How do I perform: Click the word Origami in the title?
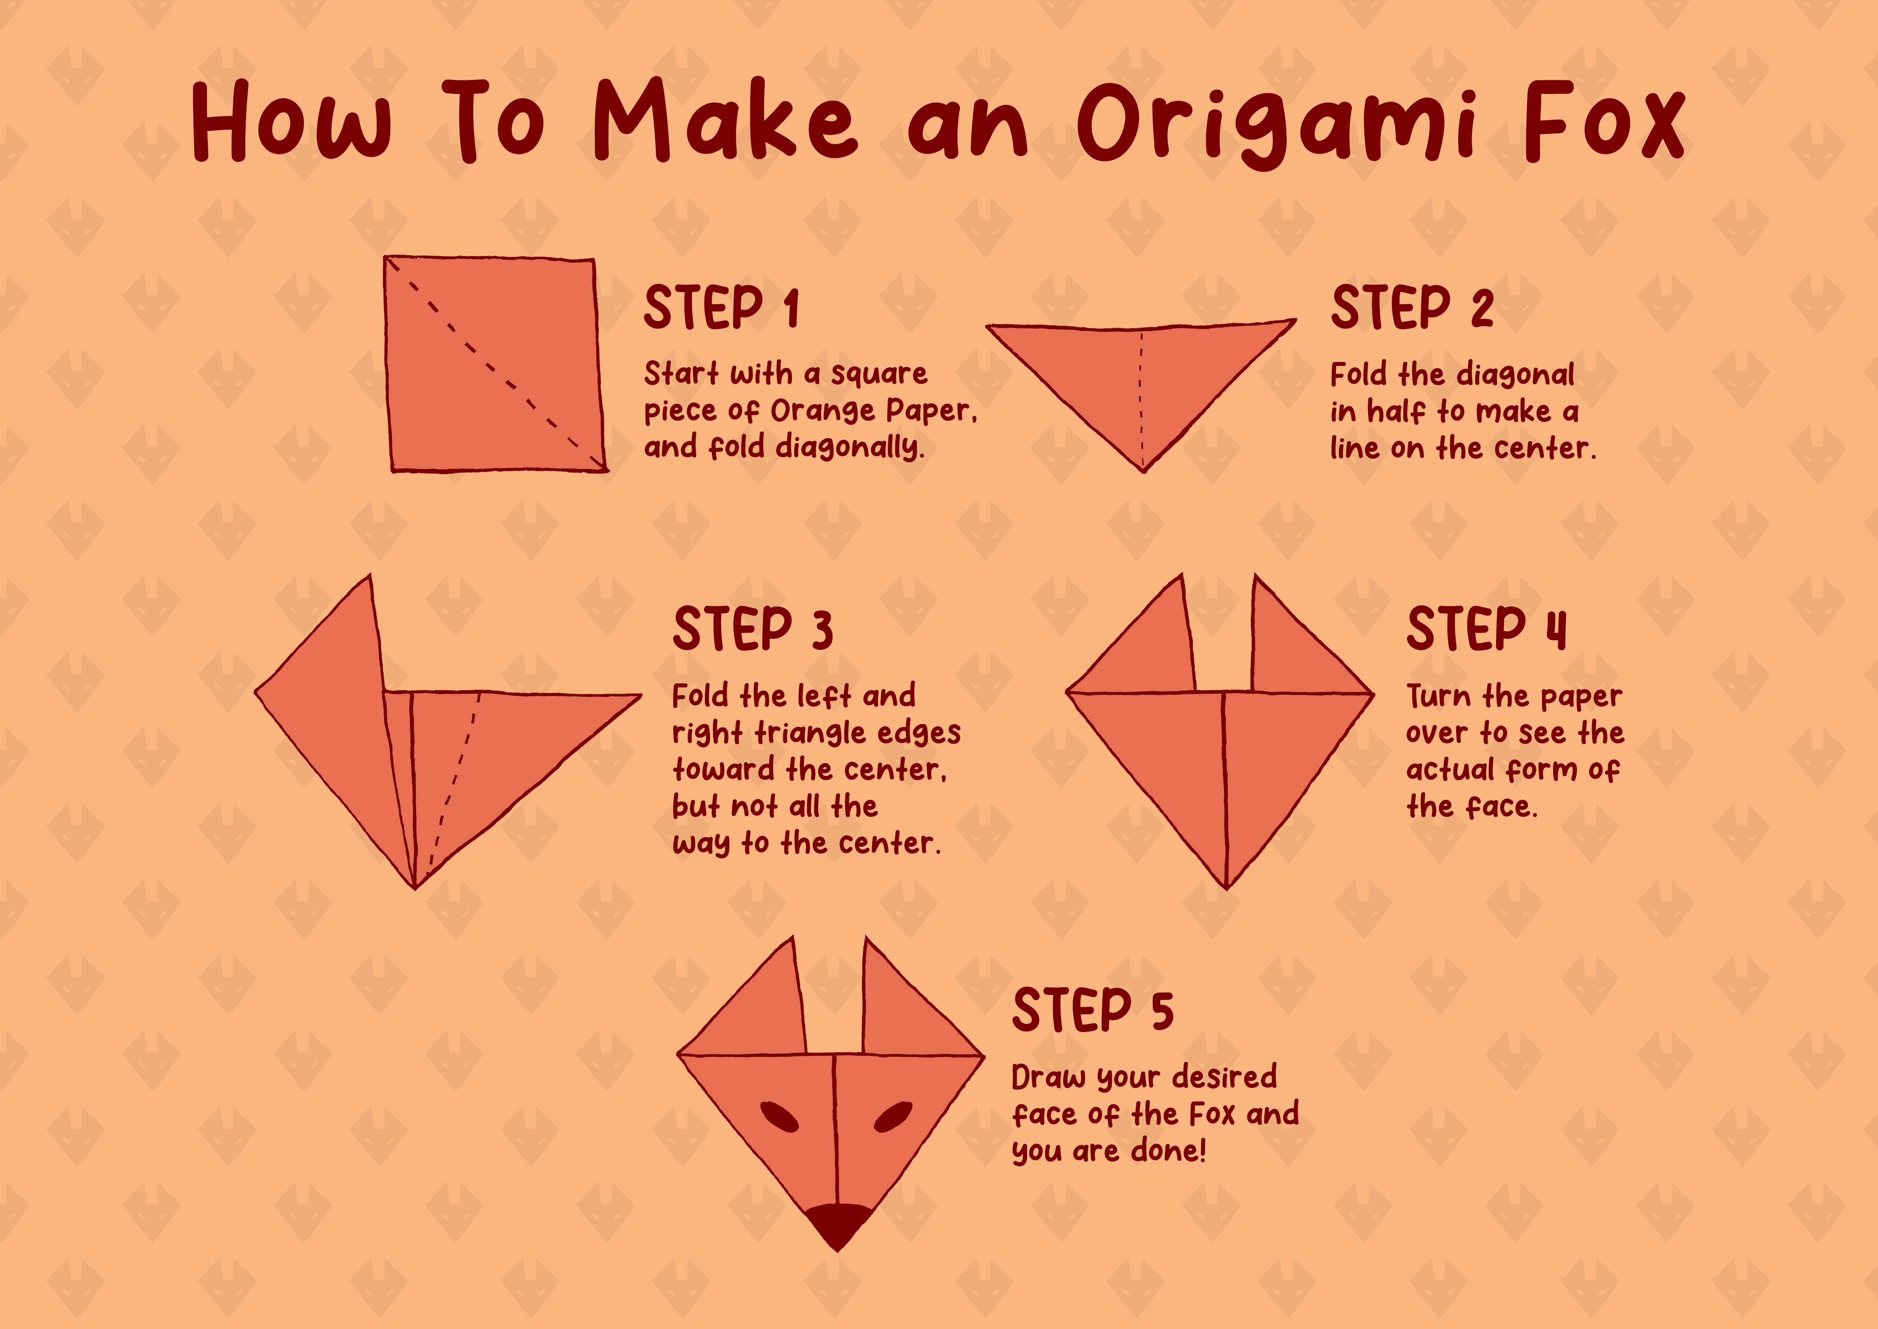1276,127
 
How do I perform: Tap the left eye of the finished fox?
779,1116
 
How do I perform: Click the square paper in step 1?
495,364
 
